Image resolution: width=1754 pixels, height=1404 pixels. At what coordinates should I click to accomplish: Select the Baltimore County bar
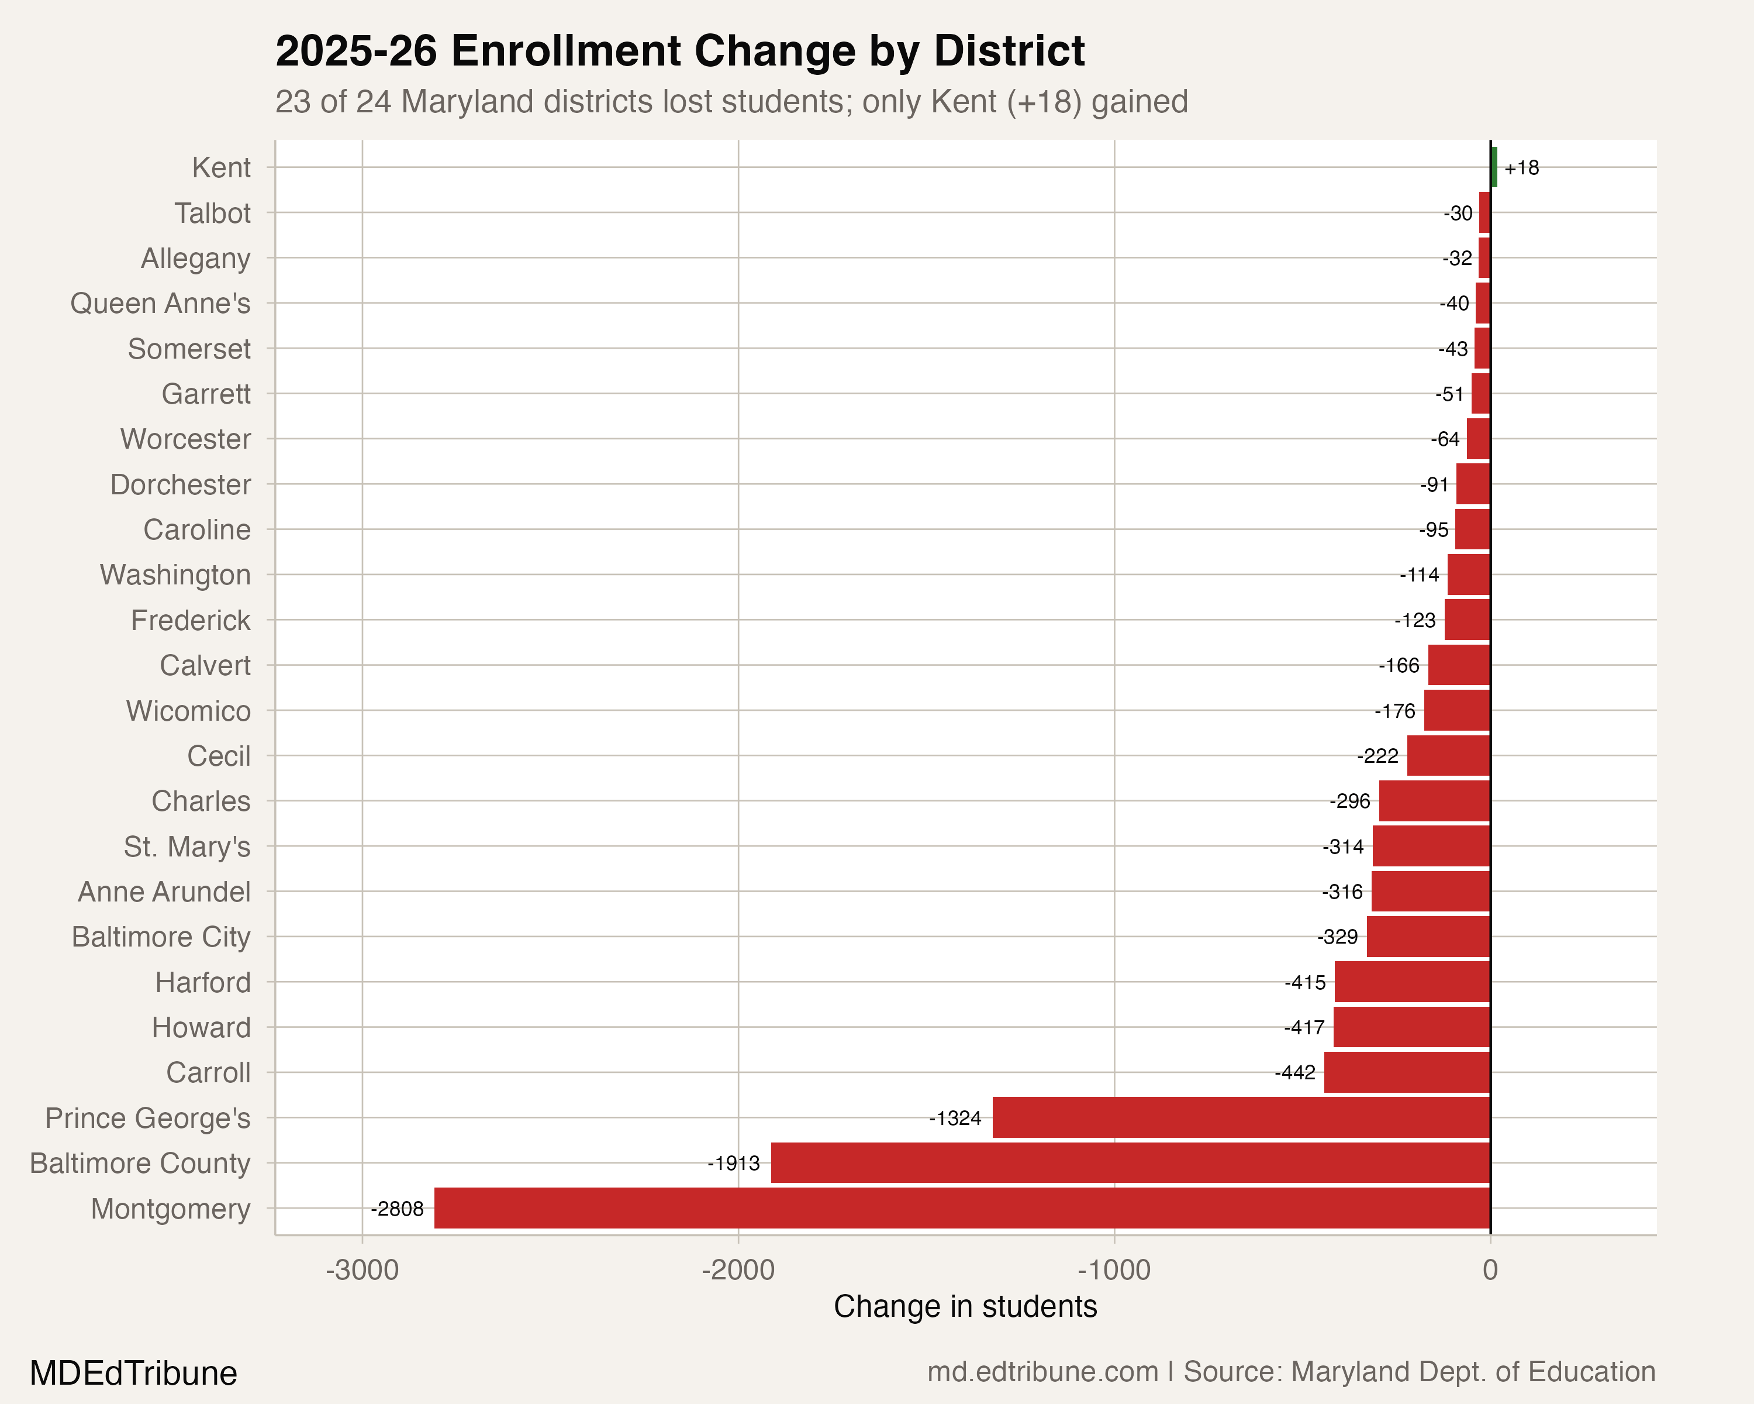pyautogui.click(x=1131, y=1162)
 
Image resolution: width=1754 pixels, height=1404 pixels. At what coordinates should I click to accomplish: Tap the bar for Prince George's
pyautogui.click(x=1241, y=1117)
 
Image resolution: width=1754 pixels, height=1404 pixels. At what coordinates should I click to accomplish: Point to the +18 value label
pyautogui.click(x=1521, y=168)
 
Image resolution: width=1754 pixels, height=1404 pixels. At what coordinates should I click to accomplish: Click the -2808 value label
pyautogui.click(x=397, y=1209)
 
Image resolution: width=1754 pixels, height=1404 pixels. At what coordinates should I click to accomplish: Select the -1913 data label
pyautogui.click(x=733, y=1163)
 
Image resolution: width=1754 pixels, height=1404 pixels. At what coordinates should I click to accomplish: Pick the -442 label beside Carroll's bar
pyautogui.click(x=1294, y=1073)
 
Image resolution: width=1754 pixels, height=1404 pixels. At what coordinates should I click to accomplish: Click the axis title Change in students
pyautogui.click(x=965, y=1306)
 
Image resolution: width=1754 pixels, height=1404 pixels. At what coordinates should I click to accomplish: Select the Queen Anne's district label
pyautogui.click(x=160, y=304)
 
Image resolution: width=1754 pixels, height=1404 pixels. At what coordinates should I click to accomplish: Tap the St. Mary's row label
pyautogui.click(x=187, y=846)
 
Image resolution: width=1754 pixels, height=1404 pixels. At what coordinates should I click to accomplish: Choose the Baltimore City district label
pyautogui.click(x=161, y=937)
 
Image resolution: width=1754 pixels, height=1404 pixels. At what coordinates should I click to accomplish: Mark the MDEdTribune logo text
pyautogui.click(x=133, y=1373)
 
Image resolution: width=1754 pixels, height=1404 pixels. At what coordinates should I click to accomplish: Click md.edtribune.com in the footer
pyautogui.click(x=1042, y=1371)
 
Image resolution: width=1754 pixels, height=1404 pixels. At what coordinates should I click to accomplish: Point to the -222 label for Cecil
pyautogui.click(x=1377, y=756)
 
